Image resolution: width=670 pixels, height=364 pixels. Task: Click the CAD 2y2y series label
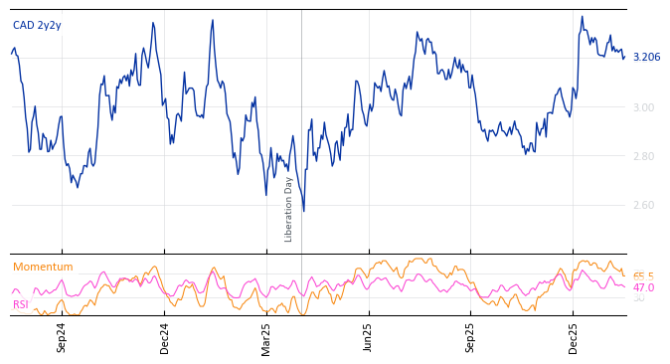coord(37,25)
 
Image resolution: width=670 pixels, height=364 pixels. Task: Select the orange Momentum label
coord(43,268)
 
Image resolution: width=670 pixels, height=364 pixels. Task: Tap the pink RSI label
coord(20,304)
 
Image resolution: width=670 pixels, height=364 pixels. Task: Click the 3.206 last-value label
coord(646,58)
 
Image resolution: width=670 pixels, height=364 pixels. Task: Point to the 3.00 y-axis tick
coord(644,107)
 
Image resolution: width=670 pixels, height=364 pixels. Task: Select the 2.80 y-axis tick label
coord(644,156)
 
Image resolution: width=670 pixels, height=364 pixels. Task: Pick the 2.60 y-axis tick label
coord(644,206)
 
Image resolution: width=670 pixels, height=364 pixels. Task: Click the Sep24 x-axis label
coord(62,337)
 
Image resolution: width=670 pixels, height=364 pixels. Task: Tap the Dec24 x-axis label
coord(164,337)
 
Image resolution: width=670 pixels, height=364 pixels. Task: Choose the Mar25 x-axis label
coord(266,337)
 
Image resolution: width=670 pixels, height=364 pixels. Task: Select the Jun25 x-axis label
coord(368,337)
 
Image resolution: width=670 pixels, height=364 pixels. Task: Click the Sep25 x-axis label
coord(470,337)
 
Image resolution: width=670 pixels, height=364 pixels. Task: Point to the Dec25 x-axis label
coord(573,337)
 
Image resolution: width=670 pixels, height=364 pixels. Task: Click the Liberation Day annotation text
coord(289,209)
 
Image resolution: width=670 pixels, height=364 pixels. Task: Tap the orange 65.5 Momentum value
coord(643,276)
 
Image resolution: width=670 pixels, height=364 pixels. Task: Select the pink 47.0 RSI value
coord(643,287)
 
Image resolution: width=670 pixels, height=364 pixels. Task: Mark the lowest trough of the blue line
coord(303,211)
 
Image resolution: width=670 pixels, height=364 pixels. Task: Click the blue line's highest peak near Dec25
coord(583,17)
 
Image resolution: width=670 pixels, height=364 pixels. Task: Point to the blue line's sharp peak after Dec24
coord(212,21)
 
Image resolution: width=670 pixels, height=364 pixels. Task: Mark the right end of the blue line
coord(624,58)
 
